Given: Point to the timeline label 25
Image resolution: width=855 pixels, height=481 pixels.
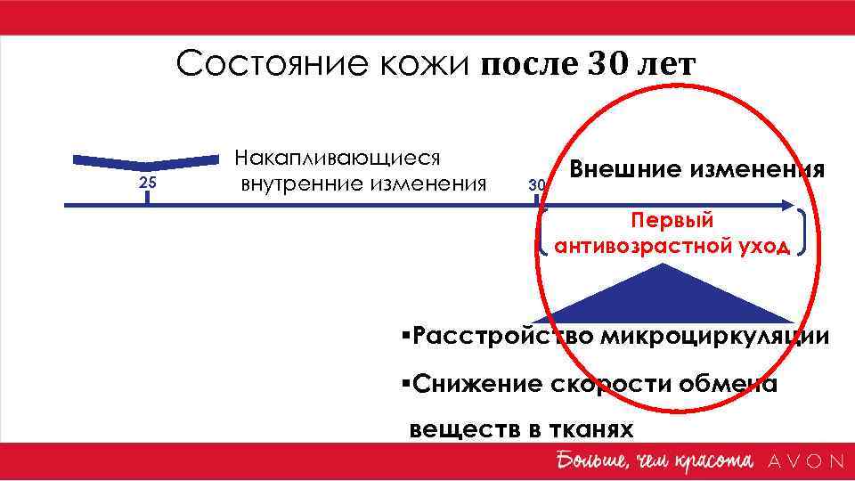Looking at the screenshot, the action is pos(147,183).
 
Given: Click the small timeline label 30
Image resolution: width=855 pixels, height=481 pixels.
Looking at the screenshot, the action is pos(536,185).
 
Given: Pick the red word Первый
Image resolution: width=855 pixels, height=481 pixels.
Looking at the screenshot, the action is pos(672,220).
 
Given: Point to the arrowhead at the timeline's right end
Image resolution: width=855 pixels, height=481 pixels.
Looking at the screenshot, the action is pos(786,206).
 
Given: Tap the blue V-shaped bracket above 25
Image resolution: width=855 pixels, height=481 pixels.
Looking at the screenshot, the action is pos(147,162).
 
